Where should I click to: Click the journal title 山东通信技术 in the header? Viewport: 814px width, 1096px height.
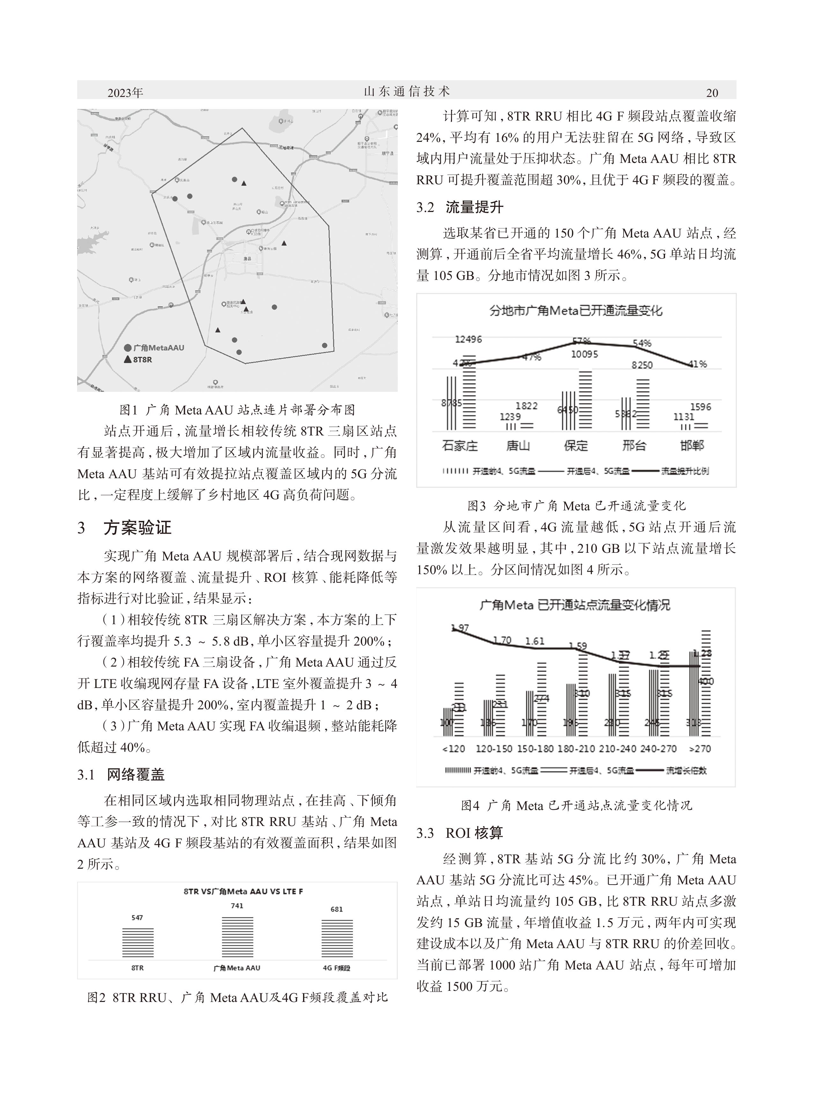click(x=406, y=91)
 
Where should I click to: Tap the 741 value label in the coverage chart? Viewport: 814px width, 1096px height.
click(x=237, y=905)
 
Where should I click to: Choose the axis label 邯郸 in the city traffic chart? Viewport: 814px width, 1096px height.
click(x=692, y=446)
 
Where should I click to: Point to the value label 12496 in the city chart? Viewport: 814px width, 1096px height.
click(x=468, y=339)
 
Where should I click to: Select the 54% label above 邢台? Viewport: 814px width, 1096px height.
click(x=641, y=343)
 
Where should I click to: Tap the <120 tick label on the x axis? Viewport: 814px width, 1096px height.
click(x=453, y=749)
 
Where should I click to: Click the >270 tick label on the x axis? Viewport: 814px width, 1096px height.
click(x=700, y=749)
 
